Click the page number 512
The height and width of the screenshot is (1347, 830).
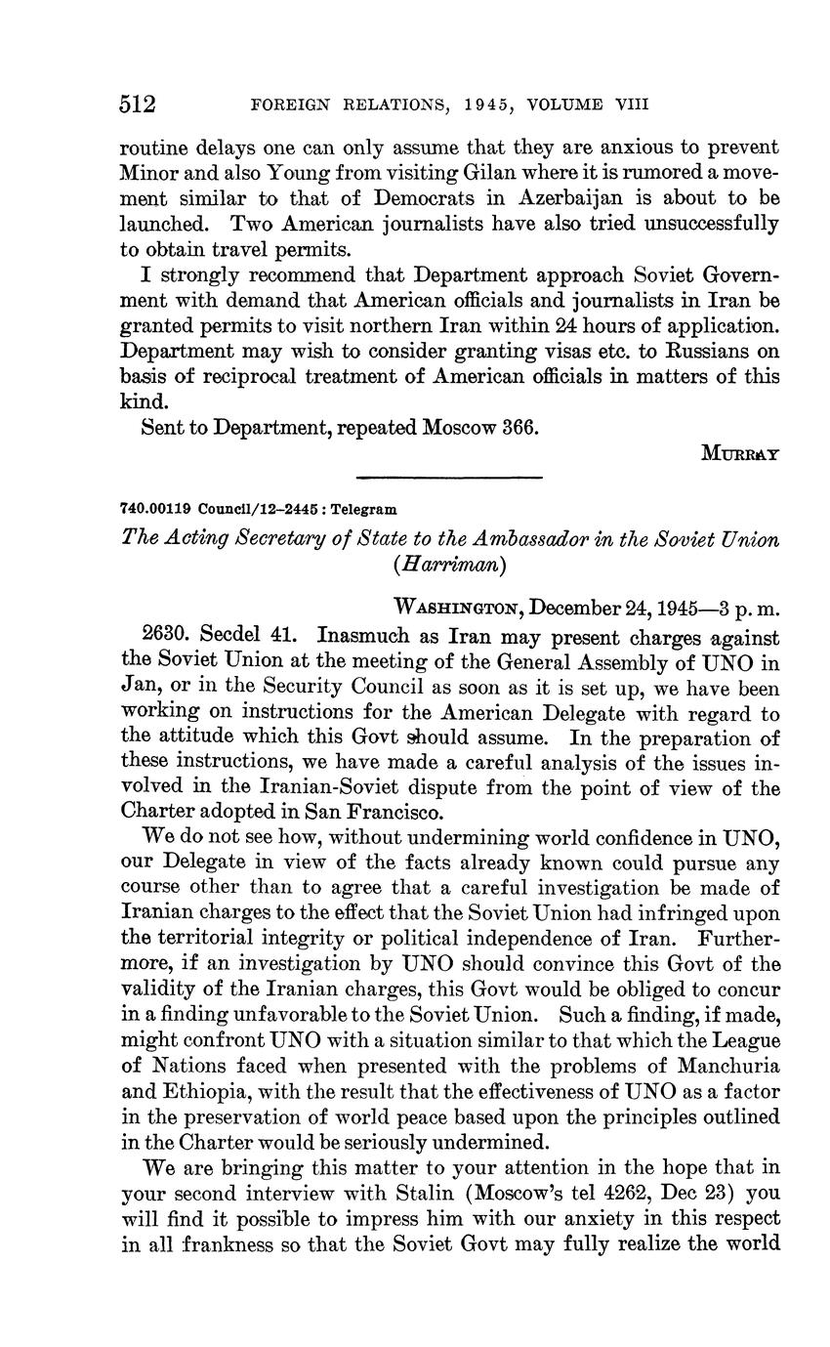tap(138, 104)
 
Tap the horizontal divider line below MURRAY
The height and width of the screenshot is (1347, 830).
tap(449, 477)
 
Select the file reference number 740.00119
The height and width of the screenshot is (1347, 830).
tap(155, 509)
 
